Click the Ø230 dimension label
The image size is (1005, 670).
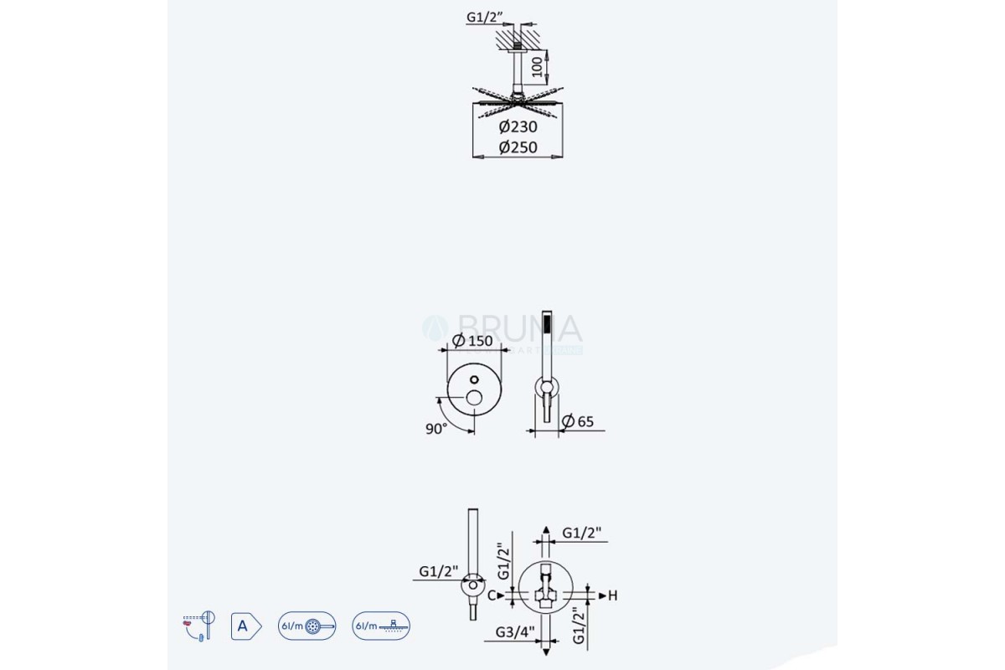tap(518, 127)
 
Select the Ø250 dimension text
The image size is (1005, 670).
tap(518, 147)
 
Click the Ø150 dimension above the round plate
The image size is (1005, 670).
tap(472, 341)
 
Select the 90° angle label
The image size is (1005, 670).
tap(435, 427)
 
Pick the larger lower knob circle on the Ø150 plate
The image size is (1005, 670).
tap(474, 397)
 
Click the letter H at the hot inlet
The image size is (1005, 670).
tap(612, 595)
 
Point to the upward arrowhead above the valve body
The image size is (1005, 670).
tap(546, 531)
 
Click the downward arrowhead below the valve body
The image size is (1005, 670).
tap(546, 650)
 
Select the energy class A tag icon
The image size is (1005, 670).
tap(245, 626)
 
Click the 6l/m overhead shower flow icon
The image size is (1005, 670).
tap(382, 626)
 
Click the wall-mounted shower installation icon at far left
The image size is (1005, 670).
tap(198, 626)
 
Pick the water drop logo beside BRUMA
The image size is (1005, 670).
tap(435, 327)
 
